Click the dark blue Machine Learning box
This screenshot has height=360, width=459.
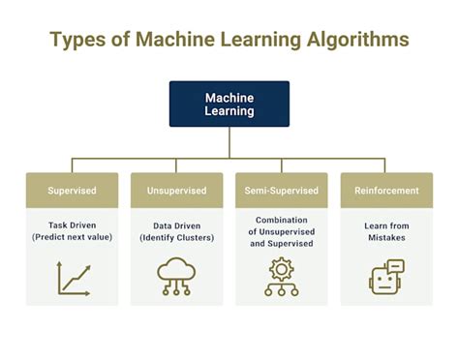pos(229,105)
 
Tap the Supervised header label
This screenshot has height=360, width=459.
pos(72,191)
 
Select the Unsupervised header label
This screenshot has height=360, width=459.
pos(176,191)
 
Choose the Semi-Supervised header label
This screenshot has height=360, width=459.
pos(281,191)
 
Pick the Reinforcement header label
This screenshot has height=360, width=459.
pos(385,191)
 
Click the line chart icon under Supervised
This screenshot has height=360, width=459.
pos(73,278)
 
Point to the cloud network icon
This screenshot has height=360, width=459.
pos(176,278)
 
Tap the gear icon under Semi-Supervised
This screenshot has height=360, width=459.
pos(281,277)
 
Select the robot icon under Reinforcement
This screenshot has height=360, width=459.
pos(385,280)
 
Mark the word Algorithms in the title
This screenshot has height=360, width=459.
pos(353,41)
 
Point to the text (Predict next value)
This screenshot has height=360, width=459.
pos(72,236)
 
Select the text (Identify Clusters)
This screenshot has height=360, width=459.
pos(176,236)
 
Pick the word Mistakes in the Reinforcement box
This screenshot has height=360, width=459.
pos(385,238)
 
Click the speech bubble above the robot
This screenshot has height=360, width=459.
pos(395,266)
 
